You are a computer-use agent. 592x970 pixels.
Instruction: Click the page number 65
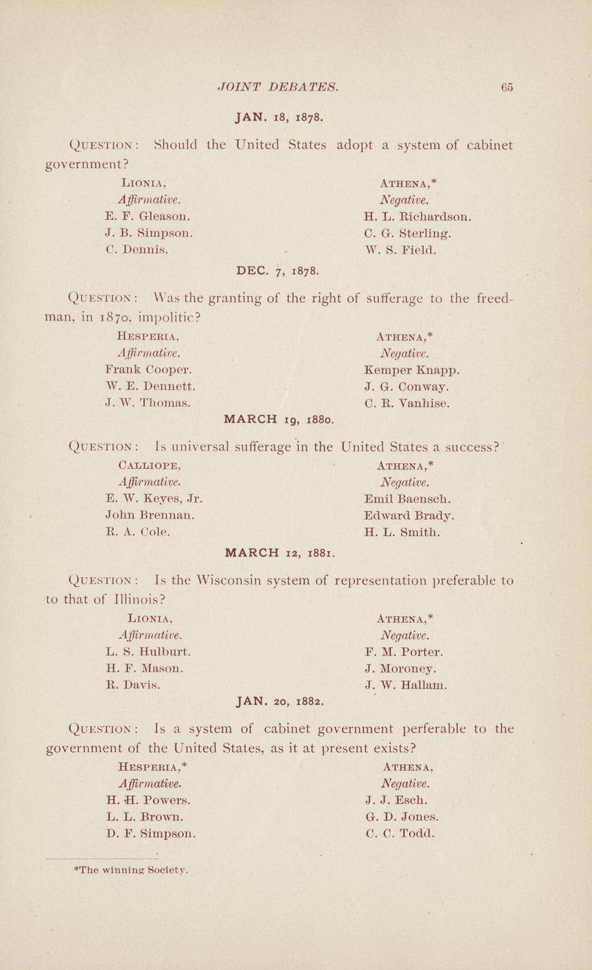click(506, 88)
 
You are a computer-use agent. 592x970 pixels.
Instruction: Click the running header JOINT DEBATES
click(279, 88)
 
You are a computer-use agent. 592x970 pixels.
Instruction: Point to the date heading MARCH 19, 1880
click(278, 420)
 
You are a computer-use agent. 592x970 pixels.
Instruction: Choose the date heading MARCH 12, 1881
click(278, 552)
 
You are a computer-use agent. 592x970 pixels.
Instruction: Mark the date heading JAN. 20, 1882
click(279, 701)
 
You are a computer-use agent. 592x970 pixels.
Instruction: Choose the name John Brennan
click(149, 515)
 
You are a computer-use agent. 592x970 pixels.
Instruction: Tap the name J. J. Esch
click(397, 800)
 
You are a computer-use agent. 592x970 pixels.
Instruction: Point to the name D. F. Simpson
click(150, 834)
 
